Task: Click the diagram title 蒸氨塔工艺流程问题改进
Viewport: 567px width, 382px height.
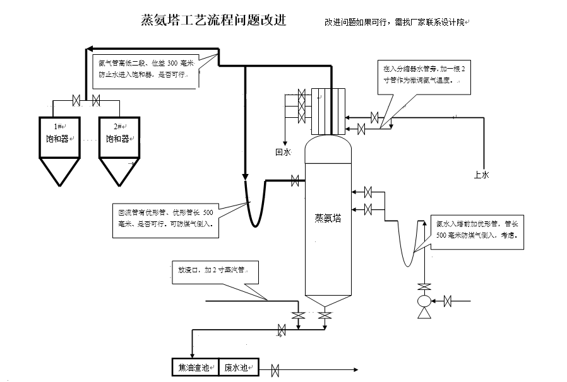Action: click(x=213, y=20)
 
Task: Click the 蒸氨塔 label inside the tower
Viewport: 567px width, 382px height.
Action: click(x=328, y=218)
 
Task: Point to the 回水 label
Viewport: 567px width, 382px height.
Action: click(x=283, y=152)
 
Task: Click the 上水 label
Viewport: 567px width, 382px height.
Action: click(x=481, y=175)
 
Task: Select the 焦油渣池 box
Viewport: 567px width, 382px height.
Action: click(x=195, y=367)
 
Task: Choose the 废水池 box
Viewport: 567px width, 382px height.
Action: click(x=239, y=367)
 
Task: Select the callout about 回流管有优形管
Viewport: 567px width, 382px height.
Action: click(x=165, y=218)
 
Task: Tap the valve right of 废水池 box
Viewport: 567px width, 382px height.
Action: click(x=275, y=369)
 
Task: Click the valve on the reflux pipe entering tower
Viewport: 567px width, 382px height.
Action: click(x=294, y=181)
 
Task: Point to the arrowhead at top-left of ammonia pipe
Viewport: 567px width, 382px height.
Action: click(x=90, y=49)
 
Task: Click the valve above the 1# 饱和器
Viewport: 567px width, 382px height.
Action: click(x=76, y=100)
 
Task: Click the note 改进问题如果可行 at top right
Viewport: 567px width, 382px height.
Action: click(x=395, y=22)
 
